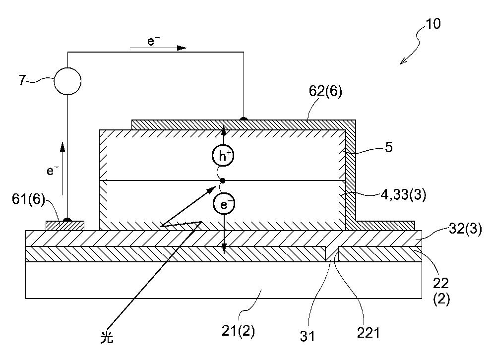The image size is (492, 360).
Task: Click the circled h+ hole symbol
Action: pos(223,155)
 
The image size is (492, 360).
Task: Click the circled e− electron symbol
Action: pos(224,204)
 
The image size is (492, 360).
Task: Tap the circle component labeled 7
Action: pos(67,81)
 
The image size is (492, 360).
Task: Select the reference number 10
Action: pos(433,24)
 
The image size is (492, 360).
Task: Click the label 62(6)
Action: pos(325,91)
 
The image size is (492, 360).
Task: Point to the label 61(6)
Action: pos(29,199)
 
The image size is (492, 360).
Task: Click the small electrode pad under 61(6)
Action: pos(65,226)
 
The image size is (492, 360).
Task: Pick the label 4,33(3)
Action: pos(403,195)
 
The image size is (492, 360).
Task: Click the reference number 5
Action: pos(389,147)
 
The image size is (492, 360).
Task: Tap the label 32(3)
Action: pos(465,229)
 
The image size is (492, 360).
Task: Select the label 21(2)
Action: pos(238,331)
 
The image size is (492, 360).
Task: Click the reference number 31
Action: pos(307,336)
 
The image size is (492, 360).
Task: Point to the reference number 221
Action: pos(369,333)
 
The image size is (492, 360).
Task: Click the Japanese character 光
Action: pos(107,338)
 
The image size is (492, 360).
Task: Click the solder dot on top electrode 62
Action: pos(243,119)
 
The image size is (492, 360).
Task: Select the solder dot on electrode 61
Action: pos(67,220)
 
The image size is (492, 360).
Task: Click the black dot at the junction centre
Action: pos(223,180)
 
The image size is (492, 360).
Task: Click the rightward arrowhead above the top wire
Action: pos(182,48)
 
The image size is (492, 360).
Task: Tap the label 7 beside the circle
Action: pos(22,80)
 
